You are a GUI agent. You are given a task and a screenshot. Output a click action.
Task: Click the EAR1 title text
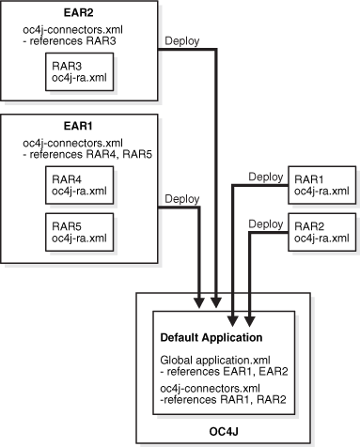coord(78,124)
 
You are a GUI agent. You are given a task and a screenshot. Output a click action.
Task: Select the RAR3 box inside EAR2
coord(79,74)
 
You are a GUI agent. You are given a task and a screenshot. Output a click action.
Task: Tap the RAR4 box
coord(79,185)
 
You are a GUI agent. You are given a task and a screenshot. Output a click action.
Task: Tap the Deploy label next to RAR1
coord(267,176)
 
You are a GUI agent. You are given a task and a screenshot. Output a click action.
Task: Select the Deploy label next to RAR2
coord(267,223)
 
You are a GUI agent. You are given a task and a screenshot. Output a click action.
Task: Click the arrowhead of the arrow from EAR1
coord(198,301)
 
